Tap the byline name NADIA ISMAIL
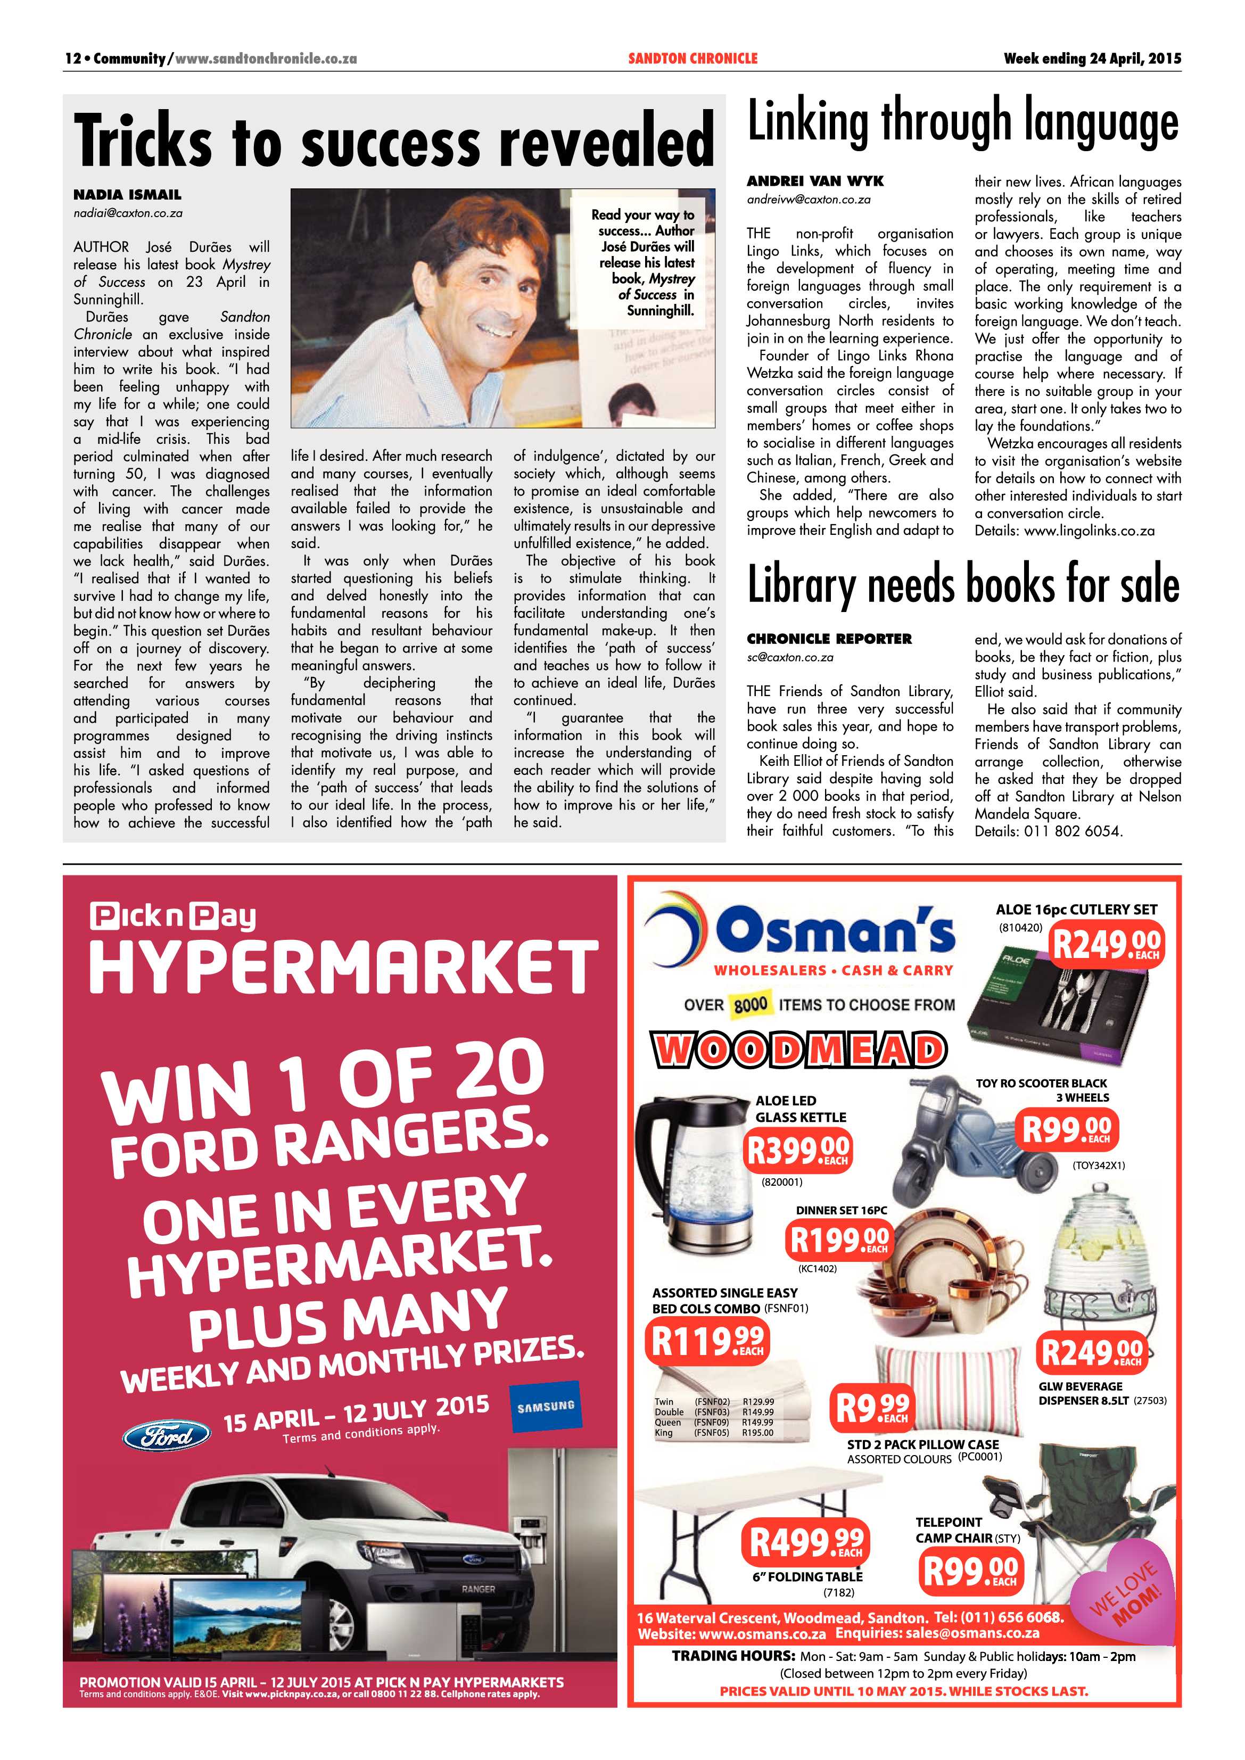(x=127, y=195)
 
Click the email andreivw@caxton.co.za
(x=809, y=199)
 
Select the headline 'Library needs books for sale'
(x=963, y=585)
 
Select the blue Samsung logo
(x=545, y=1407)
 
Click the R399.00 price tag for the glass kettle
(x=798, y=1149)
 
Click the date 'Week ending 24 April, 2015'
(x=1092, y=58)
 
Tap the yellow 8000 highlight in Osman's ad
(x=751, y=1004)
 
